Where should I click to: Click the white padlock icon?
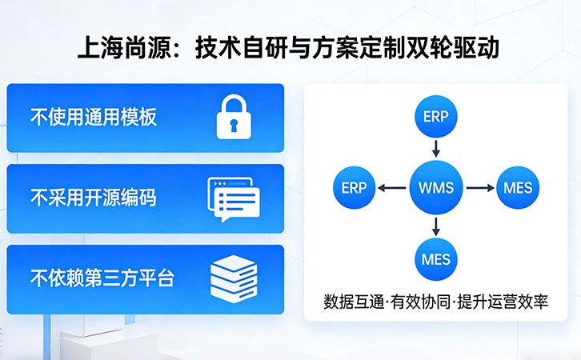[233, 118]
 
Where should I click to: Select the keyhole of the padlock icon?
[233, 125]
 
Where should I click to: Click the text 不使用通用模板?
[93, 118]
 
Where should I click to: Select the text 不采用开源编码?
[93, 198]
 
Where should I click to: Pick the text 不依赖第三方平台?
[102, 278]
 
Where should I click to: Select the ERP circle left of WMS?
[354, 188]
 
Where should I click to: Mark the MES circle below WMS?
[436, 258]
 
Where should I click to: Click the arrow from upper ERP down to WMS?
[436, 149]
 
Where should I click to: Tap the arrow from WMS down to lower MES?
[436, 226]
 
